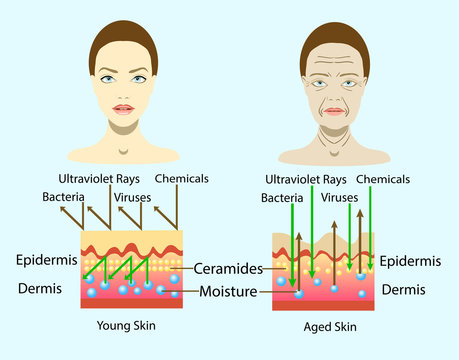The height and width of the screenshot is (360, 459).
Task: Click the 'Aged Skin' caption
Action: coord(327,326)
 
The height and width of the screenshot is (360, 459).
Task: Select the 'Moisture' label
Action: coord(227,293)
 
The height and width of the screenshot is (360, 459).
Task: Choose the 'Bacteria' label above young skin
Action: coord(62,196)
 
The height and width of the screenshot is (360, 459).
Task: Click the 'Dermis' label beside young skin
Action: coord(37,288)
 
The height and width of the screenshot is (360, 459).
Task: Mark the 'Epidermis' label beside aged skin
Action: coord(411,261)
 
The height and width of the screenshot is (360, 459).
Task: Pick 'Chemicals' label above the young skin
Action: coord(181,179)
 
